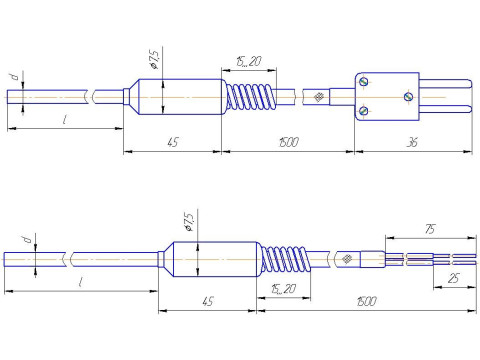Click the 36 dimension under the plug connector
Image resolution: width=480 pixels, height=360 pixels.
[x=412, y=143]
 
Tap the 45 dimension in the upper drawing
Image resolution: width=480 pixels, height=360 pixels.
[x=173, y=143]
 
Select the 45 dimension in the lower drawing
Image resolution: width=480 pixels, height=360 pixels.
[x=207, y=302]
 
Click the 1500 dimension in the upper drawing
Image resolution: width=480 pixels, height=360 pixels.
[x=289, y=142]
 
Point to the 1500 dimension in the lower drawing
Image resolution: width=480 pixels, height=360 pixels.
[x=367, y=301]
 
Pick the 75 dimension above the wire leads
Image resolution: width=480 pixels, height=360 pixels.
[x=430, y=229]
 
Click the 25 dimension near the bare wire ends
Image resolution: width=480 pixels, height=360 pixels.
[x=454, y=278]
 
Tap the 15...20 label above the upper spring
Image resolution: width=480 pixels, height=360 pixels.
[x=249, y=61]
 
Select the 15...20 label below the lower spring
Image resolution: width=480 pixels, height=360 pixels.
[x=284, y=289]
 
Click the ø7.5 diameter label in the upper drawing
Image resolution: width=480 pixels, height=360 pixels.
[x=154, y=58]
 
